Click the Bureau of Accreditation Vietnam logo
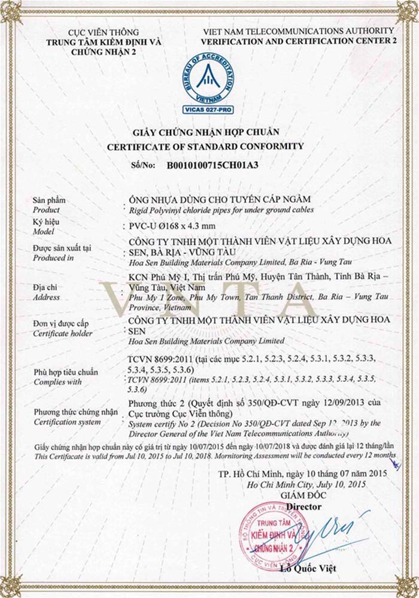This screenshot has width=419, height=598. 209,78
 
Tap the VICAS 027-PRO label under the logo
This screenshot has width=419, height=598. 209,110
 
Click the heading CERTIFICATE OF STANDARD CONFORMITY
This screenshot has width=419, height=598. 205,146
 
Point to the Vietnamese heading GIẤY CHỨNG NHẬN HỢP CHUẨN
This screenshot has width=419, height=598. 205,132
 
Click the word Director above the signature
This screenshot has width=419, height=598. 303,506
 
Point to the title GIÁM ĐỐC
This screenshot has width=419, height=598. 303,496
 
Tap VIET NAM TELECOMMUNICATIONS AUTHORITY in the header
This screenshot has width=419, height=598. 298,31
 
